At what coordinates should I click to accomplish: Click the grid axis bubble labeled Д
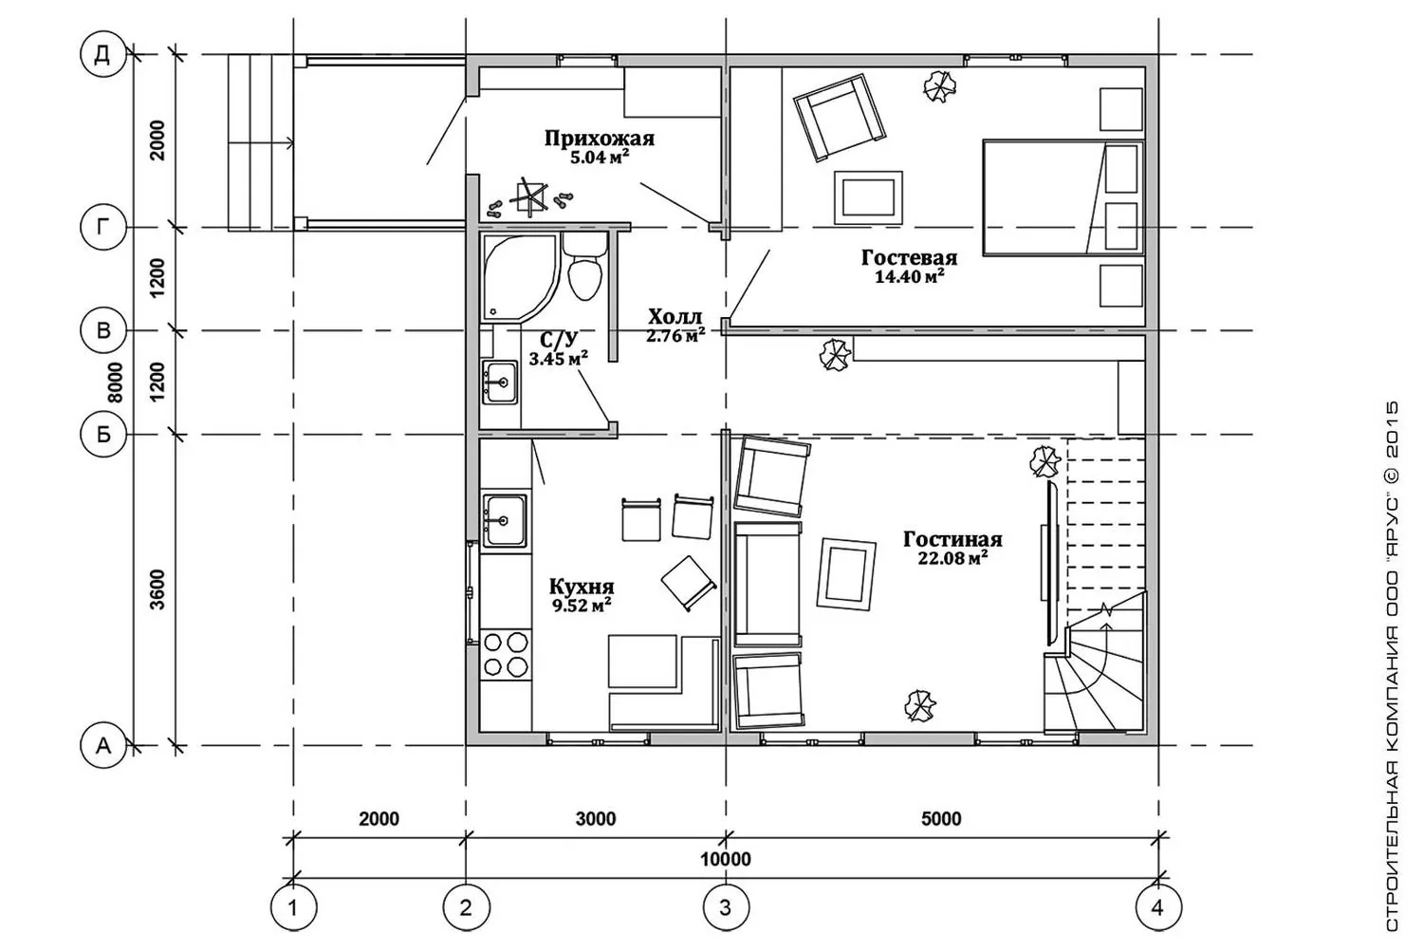102,55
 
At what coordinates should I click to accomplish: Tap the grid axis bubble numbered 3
726,908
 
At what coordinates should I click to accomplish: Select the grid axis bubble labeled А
103,745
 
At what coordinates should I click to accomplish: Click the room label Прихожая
599,139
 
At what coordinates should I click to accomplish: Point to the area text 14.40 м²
909,276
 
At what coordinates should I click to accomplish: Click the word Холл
675,316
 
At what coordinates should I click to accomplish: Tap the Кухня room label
582,586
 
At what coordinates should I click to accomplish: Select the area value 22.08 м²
952,558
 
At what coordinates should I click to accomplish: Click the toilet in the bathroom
583,267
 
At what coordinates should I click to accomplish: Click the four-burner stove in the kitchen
506,654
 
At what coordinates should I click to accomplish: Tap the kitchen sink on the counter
505,520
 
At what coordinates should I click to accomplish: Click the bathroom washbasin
500,382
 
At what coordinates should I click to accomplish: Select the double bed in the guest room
1063,197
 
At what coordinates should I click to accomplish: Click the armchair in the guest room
839,118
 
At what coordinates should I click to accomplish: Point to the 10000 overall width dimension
726,859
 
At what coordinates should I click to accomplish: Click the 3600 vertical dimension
157,589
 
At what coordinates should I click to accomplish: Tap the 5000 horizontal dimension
941,818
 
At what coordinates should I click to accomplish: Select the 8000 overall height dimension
115,383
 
